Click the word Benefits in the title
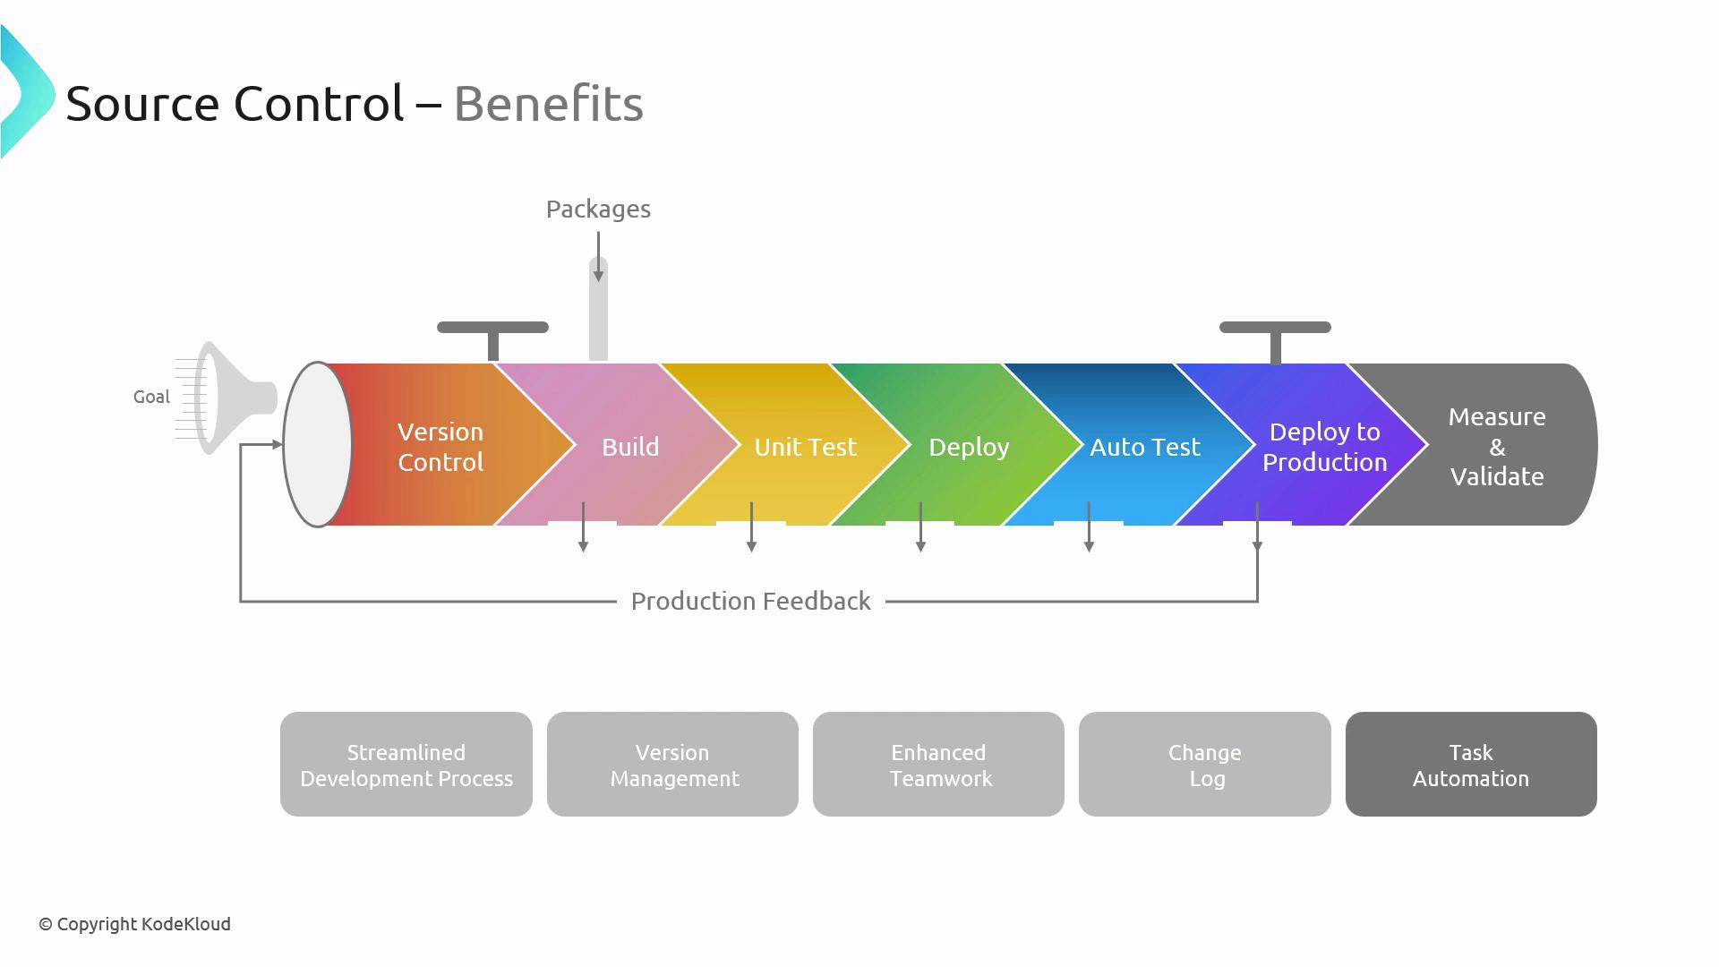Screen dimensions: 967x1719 click(548, 104)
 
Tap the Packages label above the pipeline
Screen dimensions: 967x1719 click(598, 210)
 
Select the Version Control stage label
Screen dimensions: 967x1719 click(440, 447)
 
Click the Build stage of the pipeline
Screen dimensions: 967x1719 click(630, 447)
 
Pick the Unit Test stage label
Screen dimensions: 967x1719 click(805, 447)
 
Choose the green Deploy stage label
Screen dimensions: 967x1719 click(969, 447)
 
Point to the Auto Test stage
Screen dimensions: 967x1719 click(1144, 447)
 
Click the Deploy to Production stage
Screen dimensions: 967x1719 click(1324, 447)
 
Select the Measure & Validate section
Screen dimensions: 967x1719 click(1496, 447)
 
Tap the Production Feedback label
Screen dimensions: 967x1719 click(750, 601)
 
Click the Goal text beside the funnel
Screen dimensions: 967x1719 click(151, 397)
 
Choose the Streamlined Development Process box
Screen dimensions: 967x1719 click(406, 765)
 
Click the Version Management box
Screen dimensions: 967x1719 click(672, 765)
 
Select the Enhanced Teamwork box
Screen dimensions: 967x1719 click(938, 765)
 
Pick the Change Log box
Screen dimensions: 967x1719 click(1204, 765)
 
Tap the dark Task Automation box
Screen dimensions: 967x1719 click(1471, 765)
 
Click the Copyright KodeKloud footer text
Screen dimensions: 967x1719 click(135, 924)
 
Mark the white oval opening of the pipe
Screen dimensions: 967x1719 click(317, 444)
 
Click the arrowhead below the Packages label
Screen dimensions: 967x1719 click(598, 277)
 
